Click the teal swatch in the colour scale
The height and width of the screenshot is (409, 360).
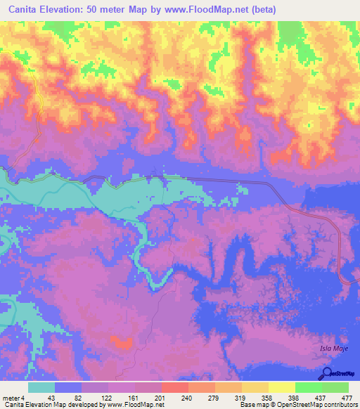pyautogui.click(x=41, y=387)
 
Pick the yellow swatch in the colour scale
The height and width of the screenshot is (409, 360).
pyautogui.click(x=281, y=387)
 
